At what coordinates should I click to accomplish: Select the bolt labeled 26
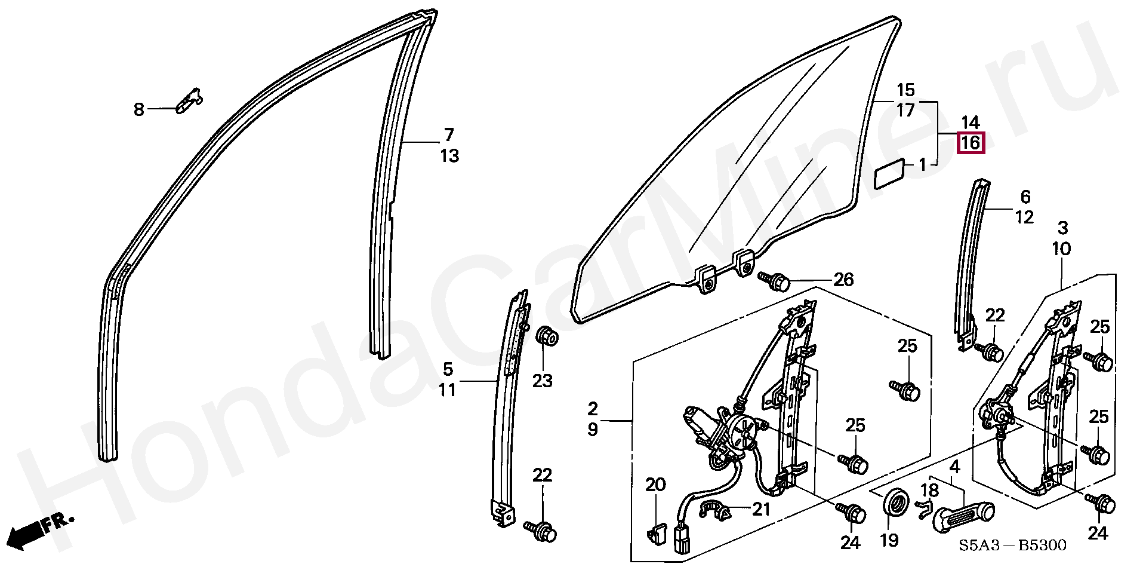(774, 280)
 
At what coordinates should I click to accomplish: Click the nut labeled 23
(547, 337)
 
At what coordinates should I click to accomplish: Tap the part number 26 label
(843, 280)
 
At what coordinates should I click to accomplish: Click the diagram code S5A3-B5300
(1012, 546)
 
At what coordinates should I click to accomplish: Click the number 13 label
(449, 156)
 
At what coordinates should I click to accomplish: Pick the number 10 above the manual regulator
(1061, 249)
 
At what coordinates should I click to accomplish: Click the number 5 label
(448, 369)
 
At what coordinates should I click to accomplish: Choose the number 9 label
(592, 430)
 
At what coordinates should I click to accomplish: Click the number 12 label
(1024, 217)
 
